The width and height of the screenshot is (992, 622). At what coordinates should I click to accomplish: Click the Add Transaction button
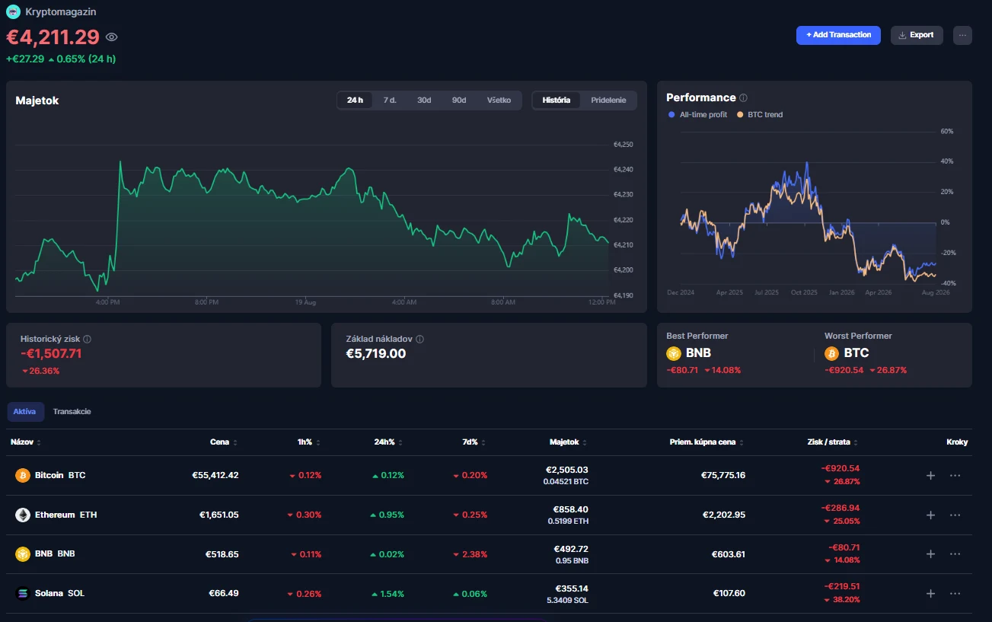tap(838, 35)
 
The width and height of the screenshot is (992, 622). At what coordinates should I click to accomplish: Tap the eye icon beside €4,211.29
tap(112, 37)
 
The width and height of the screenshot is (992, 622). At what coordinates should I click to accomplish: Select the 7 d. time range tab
tap(390, 100)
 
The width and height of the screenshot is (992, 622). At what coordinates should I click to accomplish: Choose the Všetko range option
tap(499, 100)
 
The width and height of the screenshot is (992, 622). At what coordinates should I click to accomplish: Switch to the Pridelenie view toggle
tap(608, 100)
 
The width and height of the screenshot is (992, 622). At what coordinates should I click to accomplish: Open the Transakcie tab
tap(72, 411)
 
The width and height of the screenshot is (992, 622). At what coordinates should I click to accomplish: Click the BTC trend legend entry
tap(760, 115)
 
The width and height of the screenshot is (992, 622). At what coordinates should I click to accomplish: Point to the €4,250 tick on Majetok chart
tap(623, 145)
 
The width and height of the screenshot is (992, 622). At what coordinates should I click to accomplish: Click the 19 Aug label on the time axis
tap(305, 302)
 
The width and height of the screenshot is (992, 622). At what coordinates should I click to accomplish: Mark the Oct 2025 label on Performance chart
tap(804, 292)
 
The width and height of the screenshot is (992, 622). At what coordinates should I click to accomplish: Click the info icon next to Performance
tap(743, 98)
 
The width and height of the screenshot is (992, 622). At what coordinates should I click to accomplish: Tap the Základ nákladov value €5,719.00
tap(375, 354)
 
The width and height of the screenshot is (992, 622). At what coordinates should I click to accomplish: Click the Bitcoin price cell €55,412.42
tap(215, 475)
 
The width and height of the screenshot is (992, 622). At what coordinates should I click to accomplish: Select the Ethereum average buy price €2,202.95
tap(723, 515)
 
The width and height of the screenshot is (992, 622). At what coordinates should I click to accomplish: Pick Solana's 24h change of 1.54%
tap(388, 594)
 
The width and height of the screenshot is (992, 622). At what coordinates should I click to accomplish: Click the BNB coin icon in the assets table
tap(23, 553)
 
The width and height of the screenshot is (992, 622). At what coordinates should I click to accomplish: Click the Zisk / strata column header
tap(828, 442)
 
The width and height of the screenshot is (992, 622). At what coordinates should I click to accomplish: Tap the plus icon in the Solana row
tap(930, 594)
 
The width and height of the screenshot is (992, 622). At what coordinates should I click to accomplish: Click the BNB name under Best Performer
tap(698, 352)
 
